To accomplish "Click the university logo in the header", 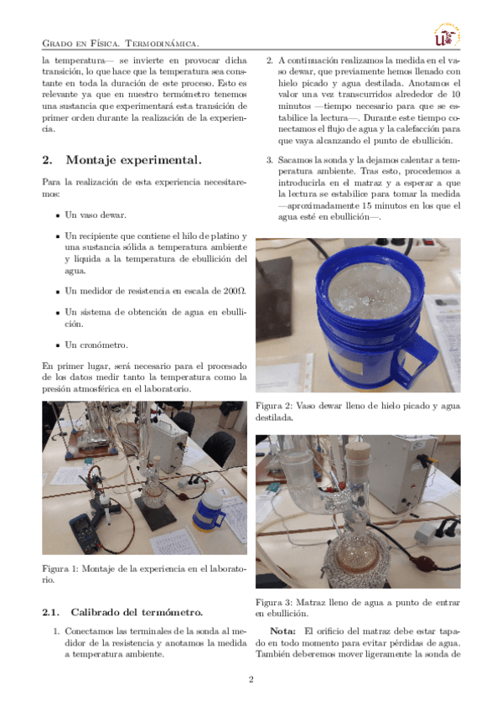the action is [448, 35].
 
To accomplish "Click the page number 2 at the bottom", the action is [251, 679].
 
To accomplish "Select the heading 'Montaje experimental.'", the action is [133, 159].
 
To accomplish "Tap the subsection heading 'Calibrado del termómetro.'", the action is [137, 612].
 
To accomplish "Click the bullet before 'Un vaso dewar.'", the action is [58, 215].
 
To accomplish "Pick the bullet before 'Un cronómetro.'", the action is [58, 345].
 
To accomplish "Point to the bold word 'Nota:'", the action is [282, 631].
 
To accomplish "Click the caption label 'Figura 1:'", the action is [60, 568].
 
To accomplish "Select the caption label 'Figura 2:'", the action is [273, 406].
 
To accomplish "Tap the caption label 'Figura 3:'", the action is [273, 603].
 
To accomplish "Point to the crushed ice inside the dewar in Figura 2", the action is [370, 291].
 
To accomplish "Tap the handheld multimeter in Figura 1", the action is [85, 534].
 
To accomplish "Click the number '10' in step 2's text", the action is [456, 94].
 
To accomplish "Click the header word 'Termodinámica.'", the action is [162, 44].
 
